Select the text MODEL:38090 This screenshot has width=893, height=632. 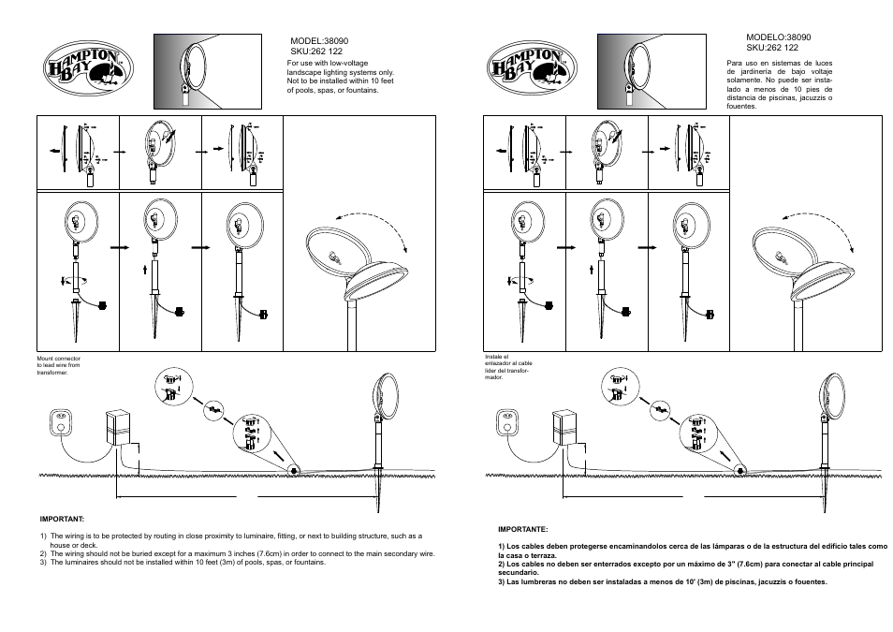(320, 42)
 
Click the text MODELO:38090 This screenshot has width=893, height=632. (778, 37)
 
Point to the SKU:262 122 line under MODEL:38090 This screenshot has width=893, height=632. (316, 52)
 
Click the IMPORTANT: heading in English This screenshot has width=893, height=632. (62, 518)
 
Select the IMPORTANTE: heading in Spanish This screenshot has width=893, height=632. (522, 529)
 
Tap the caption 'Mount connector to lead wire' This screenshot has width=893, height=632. (58, 365)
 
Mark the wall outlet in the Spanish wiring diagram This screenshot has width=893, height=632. (508, 424)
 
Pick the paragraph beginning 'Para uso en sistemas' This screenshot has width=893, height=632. (779, 84)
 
